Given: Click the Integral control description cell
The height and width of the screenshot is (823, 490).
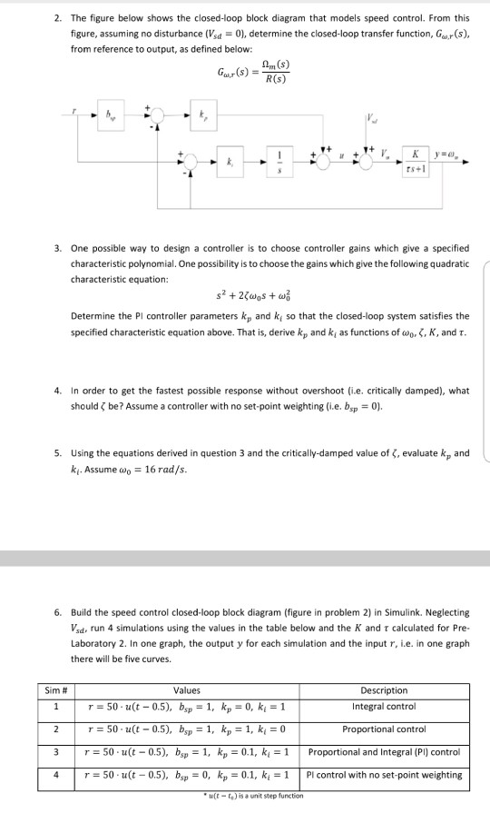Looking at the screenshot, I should click(384, 705).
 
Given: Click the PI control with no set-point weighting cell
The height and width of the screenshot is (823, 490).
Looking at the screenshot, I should click(385, 775).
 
